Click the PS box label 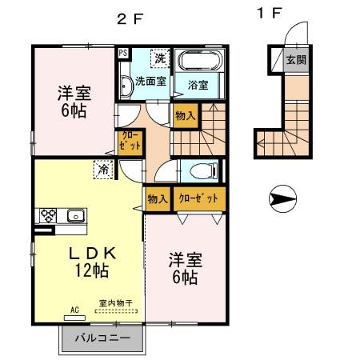(x=122, y=54)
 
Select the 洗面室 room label (x=150, y=81)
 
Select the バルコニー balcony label (x=103, y=338)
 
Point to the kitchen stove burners (x=47, y=215)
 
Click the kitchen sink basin (x=75, y=215)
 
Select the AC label (x=75, y=310)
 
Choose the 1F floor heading (x=270, y=14)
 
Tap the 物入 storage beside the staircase (x=185, y=116)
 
